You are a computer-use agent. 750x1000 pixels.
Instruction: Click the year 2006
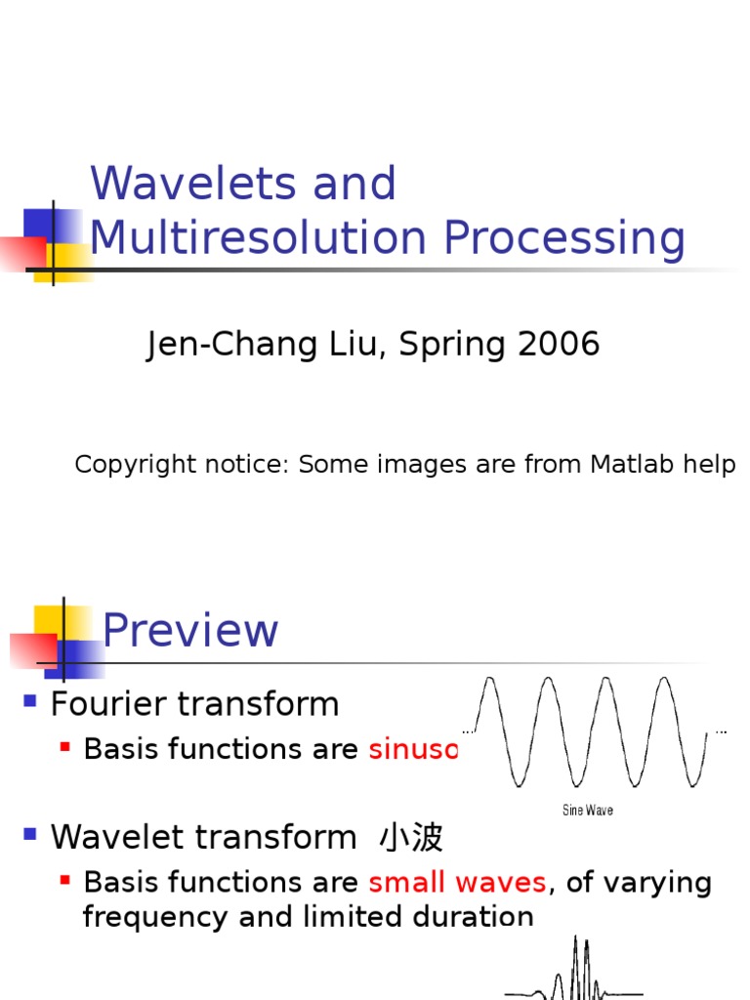[561, 344]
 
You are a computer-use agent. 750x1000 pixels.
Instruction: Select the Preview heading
[190, 630]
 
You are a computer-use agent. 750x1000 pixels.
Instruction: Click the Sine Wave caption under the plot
[588, 810]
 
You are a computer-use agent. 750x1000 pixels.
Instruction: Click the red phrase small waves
[457, 882]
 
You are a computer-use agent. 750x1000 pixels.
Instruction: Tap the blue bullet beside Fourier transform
[30, 700]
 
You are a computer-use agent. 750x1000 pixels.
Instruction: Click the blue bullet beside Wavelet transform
[30, 834]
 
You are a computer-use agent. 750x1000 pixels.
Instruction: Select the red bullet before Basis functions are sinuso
[65, 747]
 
